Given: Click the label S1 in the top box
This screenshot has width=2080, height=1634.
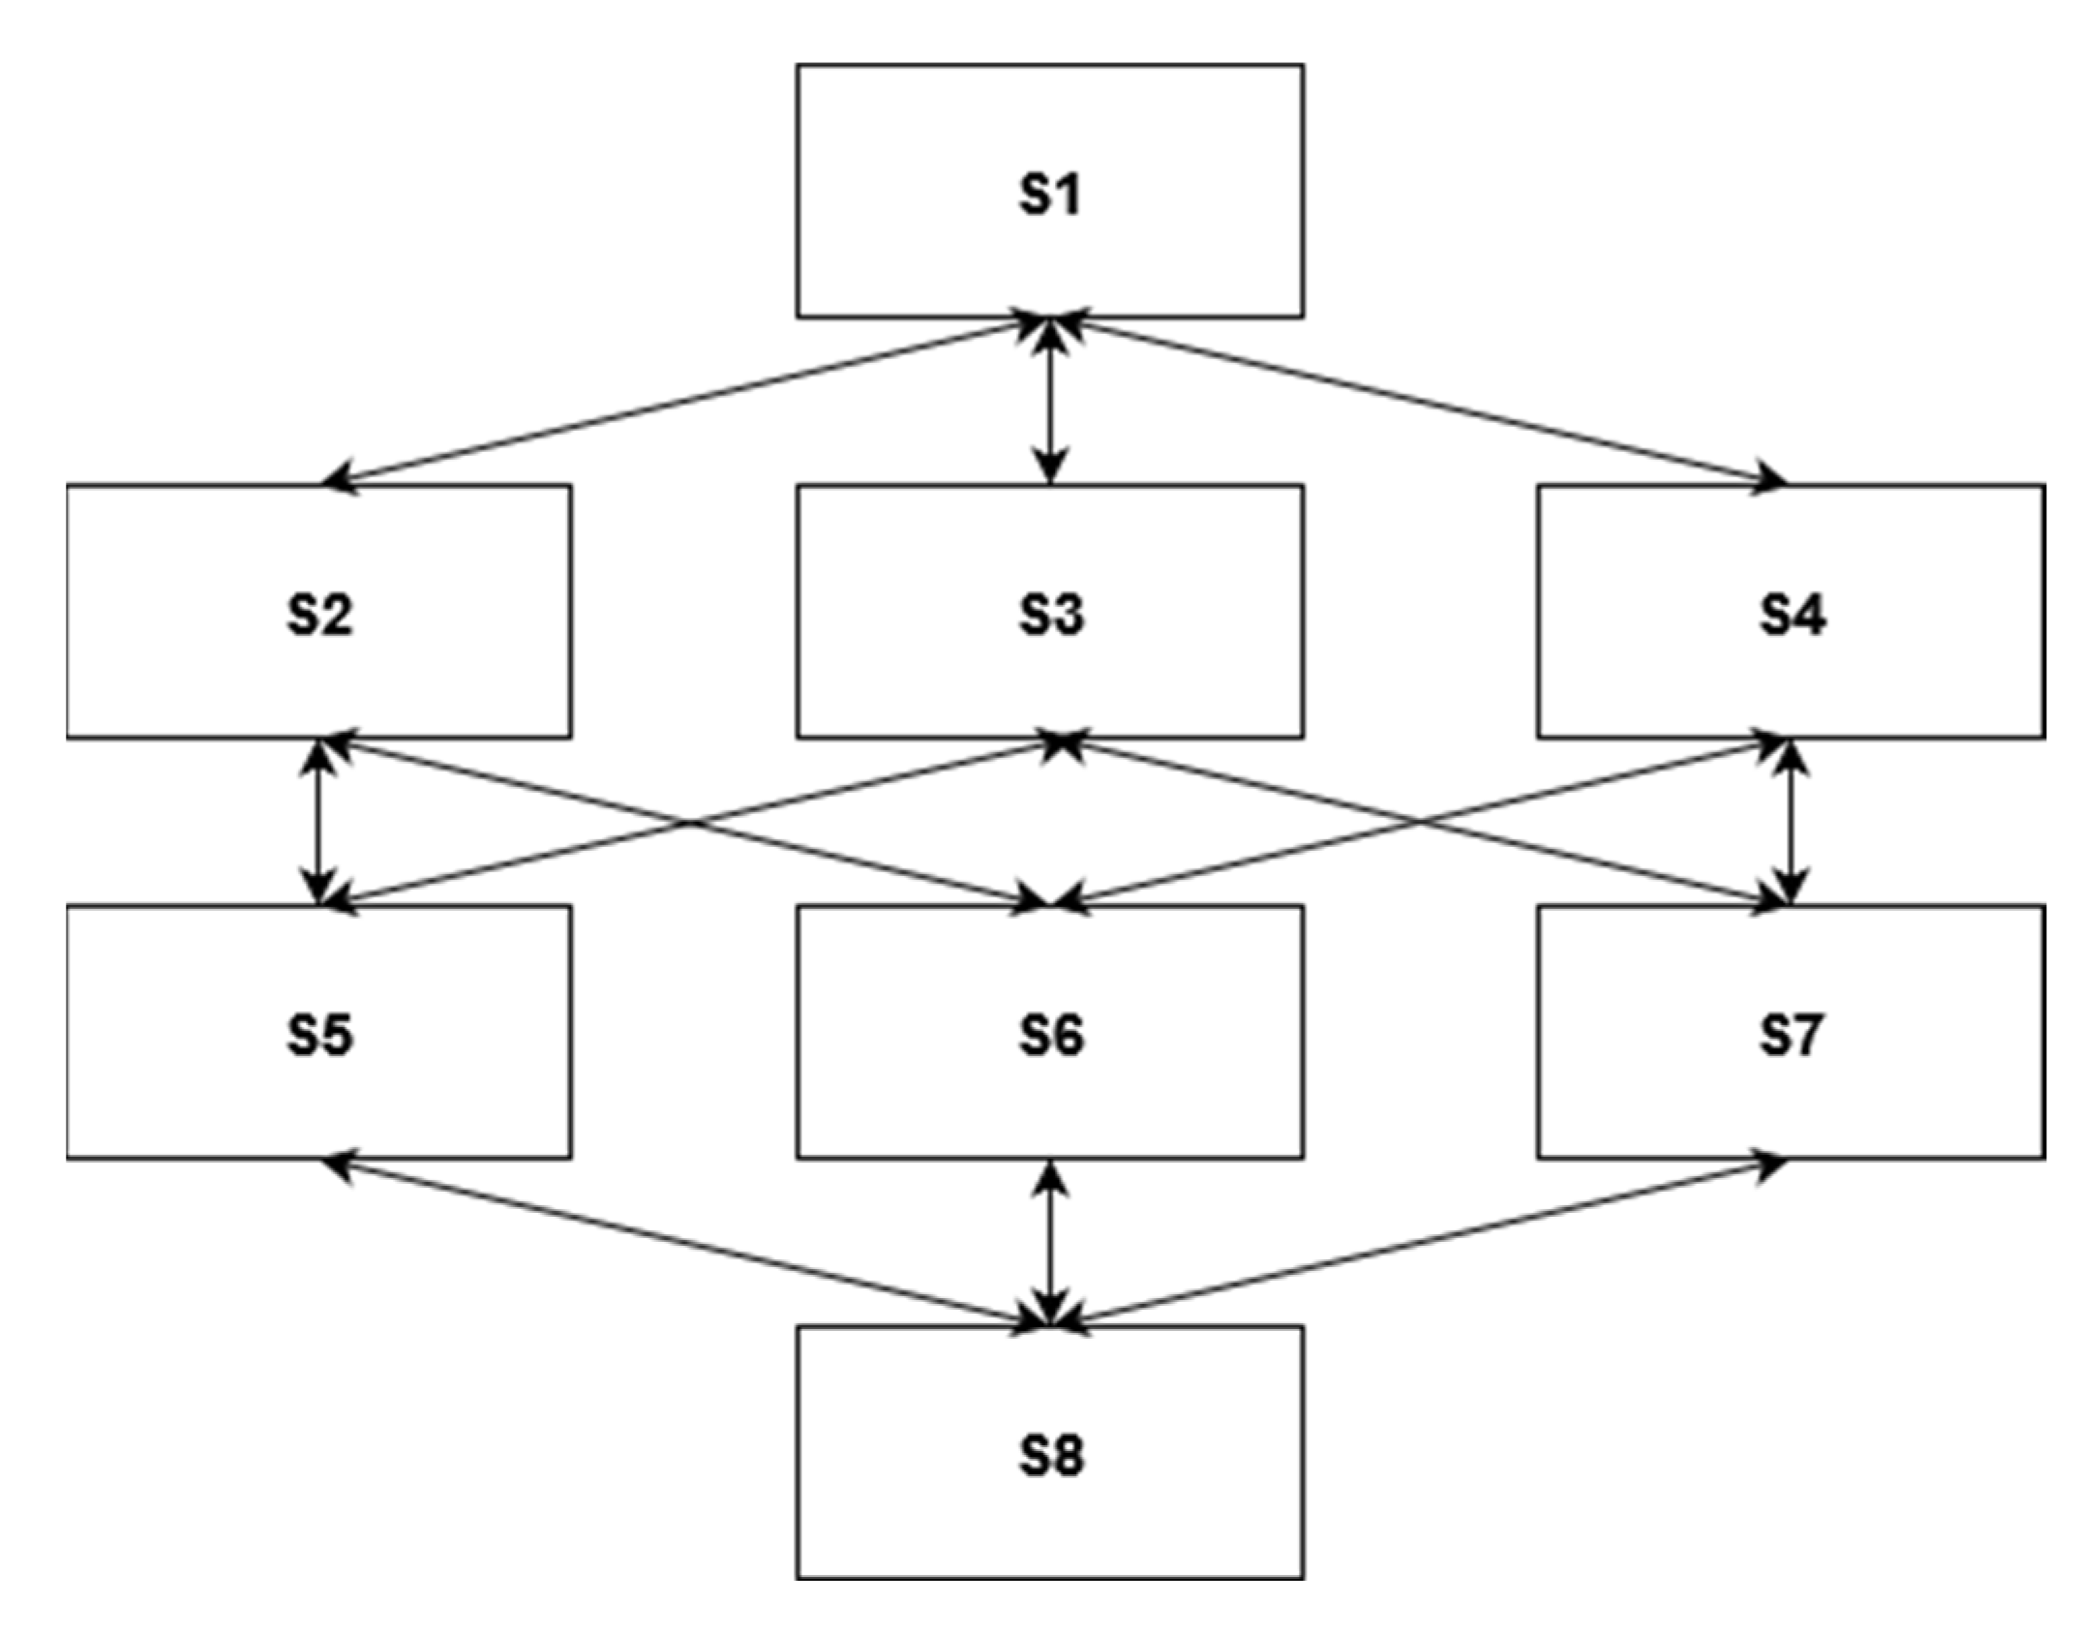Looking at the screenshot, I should point(1050,194).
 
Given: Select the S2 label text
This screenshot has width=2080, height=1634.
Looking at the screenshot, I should point(320,615).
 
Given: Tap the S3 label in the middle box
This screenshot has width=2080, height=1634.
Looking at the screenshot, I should point(1051,615).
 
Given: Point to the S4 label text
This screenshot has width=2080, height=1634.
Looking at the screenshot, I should point(1793,615).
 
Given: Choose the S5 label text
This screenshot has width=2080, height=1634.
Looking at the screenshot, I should point(320,1035).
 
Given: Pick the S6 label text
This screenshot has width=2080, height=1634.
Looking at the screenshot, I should point(1051,1035).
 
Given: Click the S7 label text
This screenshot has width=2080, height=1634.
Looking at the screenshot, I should point(1791,1035).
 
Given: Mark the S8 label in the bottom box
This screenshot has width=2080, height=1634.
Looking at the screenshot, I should point(1051,1455).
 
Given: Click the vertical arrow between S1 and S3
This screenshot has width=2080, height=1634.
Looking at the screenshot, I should point(1051,402).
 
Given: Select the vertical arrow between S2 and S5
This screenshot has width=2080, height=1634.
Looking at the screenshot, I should point(319,822).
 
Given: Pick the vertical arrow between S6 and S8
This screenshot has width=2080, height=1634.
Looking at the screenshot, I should point(1051,1243).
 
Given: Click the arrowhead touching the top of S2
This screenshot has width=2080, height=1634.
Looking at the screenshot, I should point(339,479).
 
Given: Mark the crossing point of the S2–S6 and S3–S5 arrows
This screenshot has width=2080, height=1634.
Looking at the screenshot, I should point(689,823).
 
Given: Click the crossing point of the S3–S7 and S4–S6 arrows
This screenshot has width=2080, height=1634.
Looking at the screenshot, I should point(1419,823).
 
